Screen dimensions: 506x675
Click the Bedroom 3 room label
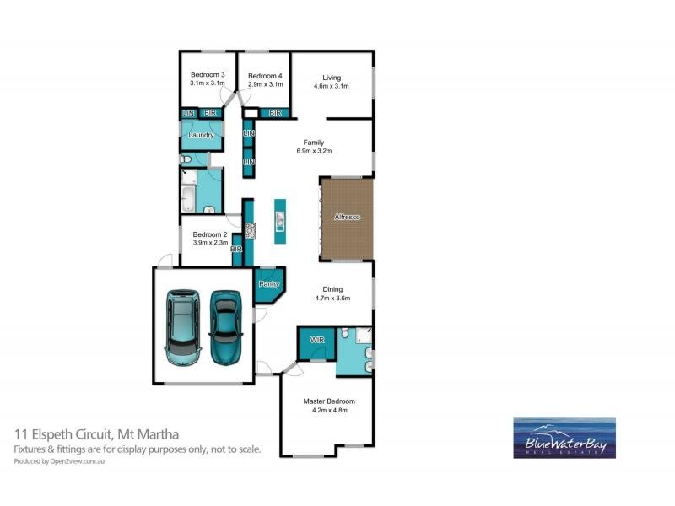207,75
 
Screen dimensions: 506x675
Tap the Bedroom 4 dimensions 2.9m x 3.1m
265,85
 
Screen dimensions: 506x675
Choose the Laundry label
200,135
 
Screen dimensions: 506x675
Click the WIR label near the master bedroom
317,341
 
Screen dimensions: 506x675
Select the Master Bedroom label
329,401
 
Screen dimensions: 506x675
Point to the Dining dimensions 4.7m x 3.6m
332,298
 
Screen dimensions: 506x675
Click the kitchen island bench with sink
278,221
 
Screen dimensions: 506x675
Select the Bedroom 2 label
209,234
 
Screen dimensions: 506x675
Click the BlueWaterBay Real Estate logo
564,438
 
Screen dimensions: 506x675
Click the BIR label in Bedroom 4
274,113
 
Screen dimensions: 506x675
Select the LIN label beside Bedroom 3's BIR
188,114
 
